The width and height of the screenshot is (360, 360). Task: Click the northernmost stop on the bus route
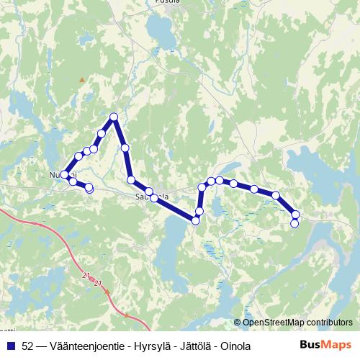pos(113,117)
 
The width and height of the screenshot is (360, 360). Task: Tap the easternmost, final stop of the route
pos(294,223)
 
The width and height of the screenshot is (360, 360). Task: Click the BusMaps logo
pos(325,345)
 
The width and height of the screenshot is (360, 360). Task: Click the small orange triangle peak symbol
pos(83,79)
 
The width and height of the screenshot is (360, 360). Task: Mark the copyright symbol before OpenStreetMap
pos(237,322)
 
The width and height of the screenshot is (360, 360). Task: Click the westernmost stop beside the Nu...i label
pos(65,174)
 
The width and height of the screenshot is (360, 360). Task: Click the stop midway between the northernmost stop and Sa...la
pos(125,148)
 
